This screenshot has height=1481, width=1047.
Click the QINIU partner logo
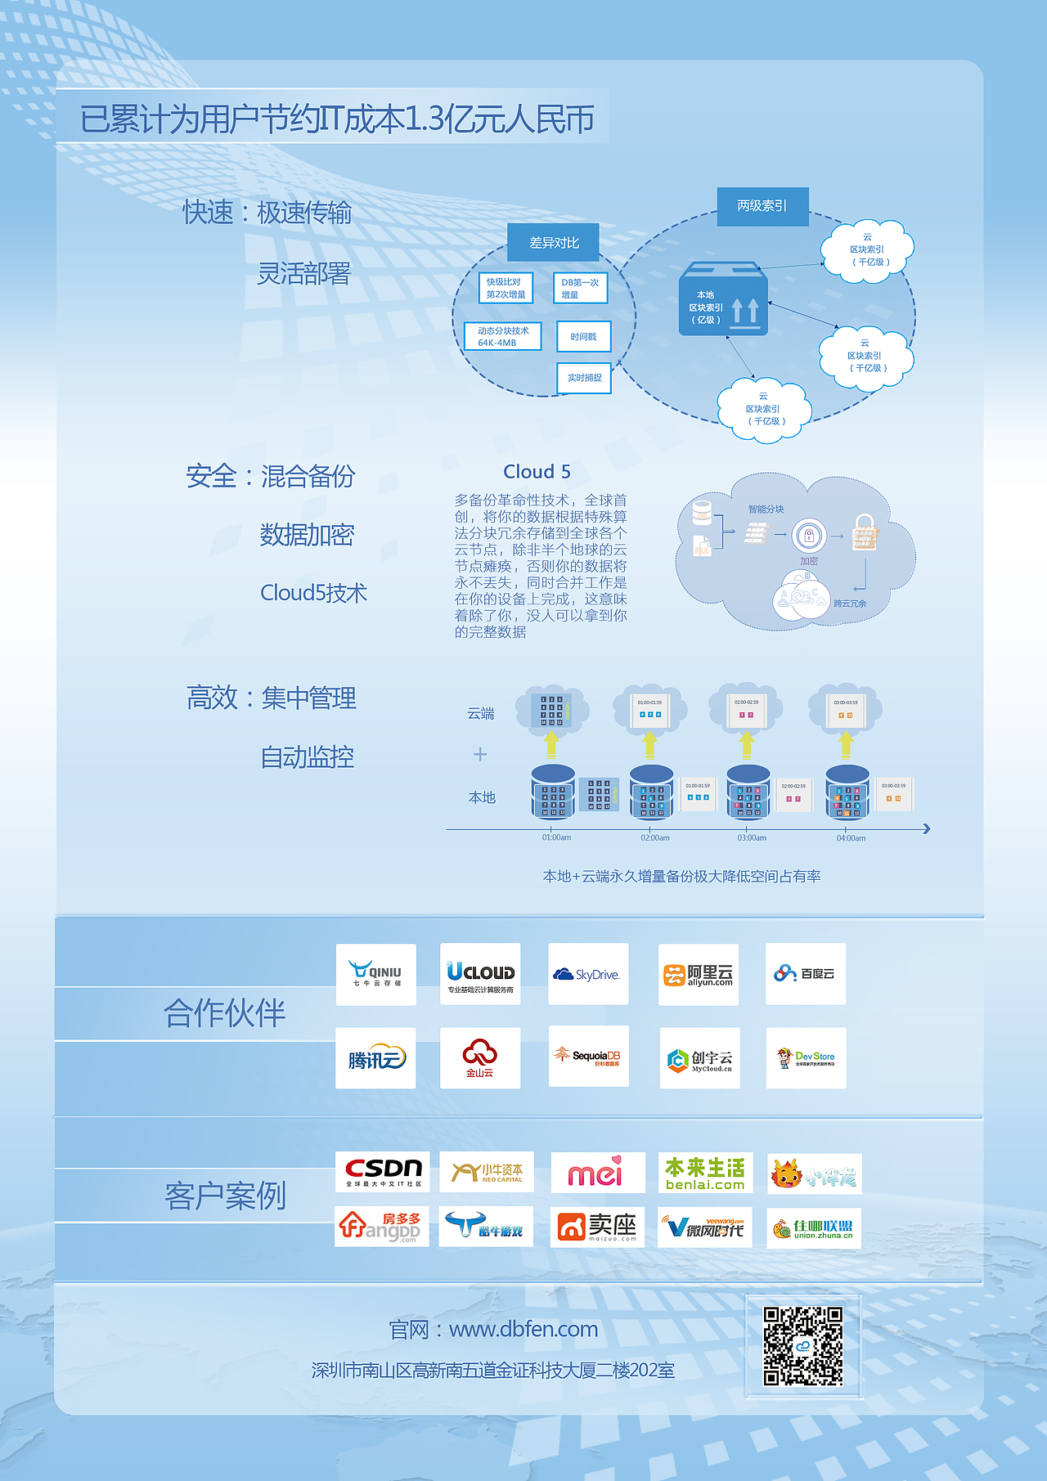tap(375, 974)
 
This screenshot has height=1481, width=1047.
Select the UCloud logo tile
tap(480, 974)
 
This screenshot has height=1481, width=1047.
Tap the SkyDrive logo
tap(587, 974)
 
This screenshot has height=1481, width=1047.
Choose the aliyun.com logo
tap(698, 974)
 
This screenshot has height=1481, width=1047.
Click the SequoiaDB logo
tap(588, 1056)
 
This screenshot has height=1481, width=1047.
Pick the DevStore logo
tap(806, 1058)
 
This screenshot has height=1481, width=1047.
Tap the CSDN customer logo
tap(383, 1171)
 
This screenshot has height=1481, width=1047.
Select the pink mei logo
tap(596, 1173)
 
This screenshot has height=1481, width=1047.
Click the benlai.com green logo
tap(704, 1173)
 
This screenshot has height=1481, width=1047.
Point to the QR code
tap(802, 1345)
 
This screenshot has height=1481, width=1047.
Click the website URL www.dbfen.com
tap(523, 1329)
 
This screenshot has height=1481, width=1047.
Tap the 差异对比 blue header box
tap(554, 243)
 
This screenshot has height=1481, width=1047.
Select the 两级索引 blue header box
tap(762, 206)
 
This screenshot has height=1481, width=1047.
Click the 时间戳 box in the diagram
tap(583, 337)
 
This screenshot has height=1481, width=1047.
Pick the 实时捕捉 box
tap(584, 378)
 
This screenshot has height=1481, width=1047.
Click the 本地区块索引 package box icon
tap(723, 300)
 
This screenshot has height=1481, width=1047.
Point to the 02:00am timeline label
tap(655, 837)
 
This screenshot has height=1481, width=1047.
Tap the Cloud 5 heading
tap(537, 472)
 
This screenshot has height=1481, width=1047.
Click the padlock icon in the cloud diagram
tap(865, 532)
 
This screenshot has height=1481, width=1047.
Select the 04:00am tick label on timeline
tap(851, 837)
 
